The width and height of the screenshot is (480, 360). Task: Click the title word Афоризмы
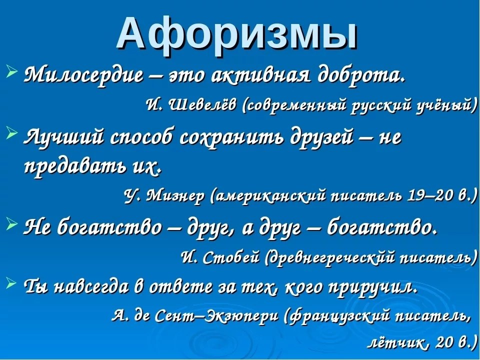[x=236, y=34]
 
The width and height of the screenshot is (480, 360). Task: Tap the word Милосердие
[x=83, y=74]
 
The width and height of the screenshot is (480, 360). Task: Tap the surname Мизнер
[x=174, y=195]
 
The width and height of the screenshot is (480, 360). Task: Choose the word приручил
[x=372, y=287]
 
